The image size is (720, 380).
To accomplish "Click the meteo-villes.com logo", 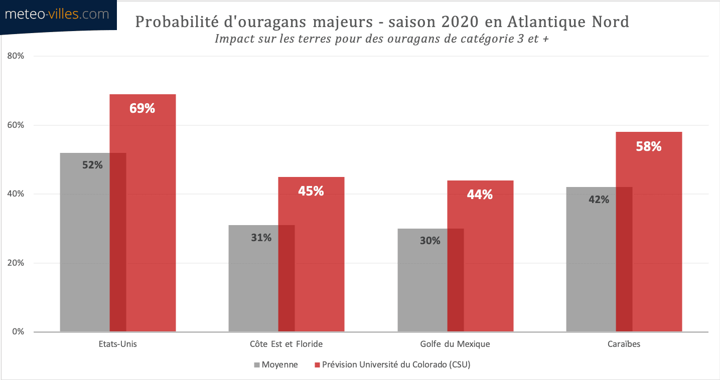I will pyautogui.click(x=57, y=15).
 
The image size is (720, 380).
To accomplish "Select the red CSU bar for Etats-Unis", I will pyautogui.click(x=151, y=226).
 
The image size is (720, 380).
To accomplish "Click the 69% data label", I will pyautogui.click(x=142, y=108).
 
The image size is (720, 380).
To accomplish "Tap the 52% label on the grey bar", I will pyautogui.click(x=92, y=165).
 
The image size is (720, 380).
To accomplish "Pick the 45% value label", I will pyautogui.click(x=311, y=191).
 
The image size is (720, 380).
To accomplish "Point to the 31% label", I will pyautogui.click(x=261, y=238).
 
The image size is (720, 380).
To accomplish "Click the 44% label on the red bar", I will pyautogui.click(x=480, y=195).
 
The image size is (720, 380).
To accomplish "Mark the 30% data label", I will pyautogui.click(x=430, y=241).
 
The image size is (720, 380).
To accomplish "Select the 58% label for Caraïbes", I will pyautogui.click(x=649, y=146).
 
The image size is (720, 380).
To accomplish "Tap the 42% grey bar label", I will pyautogui.click(x=599, y=200).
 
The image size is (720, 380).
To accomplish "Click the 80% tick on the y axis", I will pyautogui.click(x=16, y=56).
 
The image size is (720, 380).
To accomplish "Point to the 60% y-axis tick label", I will pyautogui.click(x=16, y=125).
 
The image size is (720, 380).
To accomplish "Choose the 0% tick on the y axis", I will pyautogui.click(x=18, y=332).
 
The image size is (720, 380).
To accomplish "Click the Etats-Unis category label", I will pyautogui.click(x=118, y=344).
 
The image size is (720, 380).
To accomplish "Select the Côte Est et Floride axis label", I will pyautogui.click(x=286, y=344).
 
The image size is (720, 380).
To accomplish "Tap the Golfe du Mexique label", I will pyautogui.click(x=455, y=344).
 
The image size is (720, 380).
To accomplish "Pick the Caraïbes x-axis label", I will pyautogui.click(x=624, y=344).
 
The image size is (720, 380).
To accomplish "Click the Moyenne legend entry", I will pyautogui.click(x=279, y=365).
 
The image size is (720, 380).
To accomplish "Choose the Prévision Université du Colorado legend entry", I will pyautogui.click(x=396, y=365).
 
